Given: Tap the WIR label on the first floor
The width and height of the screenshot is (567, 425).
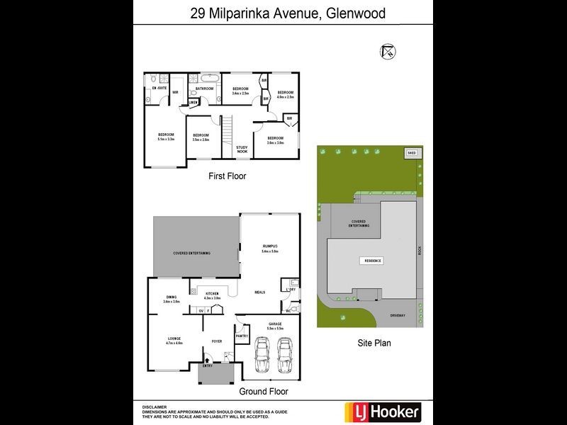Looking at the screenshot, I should pos(174,93).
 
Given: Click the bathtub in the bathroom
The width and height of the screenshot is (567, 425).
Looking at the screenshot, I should pos(210,77).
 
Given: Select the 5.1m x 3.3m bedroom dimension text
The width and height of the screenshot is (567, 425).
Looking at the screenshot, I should pos(166,139).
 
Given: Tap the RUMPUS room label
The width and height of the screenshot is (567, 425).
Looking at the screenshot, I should pos(270,246).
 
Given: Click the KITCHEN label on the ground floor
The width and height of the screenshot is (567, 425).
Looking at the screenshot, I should pos(212,293).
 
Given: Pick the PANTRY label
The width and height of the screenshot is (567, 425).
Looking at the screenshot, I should pos(242,336).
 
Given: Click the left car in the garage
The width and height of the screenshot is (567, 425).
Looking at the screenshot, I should pos(262,354).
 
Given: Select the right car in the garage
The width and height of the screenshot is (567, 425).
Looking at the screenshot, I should pos(284,354).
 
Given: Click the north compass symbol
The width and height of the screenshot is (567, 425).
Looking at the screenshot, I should pos(388,51).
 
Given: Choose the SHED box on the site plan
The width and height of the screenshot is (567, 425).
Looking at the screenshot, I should pos(411,152).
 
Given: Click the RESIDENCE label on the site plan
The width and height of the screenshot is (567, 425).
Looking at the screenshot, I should pos(373,261).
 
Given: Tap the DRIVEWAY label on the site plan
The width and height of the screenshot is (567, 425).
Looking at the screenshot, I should pos(398,315).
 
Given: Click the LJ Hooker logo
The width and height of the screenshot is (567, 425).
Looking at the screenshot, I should pos(382,412).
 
